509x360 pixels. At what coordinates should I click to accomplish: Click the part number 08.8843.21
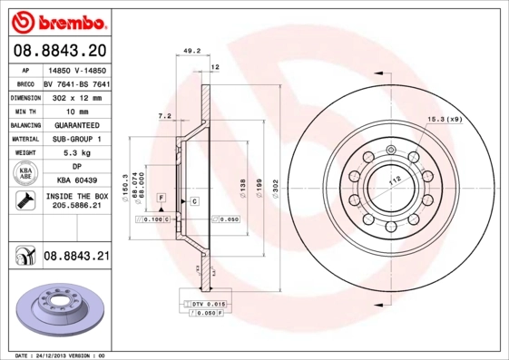76,258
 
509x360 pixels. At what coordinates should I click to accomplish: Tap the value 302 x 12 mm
76,96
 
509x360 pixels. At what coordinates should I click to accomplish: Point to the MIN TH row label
24,111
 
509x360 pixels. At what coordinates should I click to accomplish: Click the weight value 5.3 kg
76,153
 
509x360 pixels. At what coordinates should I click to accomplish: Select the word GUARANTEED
76,124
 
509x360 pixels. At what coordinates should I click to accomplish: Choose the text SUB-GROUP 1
76,139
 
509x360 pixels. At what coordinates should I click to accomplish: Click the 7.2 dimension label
164,116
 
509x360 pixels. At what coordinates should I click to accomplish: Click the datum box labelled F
162,198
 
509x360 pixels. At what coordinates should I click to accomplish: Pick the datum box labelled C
194,199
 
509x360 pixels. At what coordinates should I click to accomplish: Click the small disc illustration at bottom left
60,305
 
